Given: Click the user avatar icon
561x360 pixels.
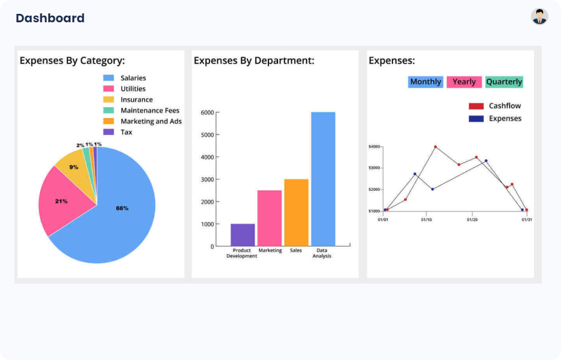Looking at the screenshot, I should coord(539,16).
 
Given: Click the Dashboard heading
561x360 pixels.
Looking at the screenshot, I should coord(50,18).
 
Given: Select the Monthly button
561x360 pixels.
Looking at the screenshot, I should coord(426,82).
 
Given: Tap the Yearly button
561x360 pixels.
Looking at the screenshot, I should coord(464,82).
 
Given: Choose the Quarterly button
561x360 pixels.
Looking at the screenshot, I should coord(504,82).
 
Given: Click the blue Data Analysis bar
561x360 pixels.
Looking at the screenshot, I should coord(323,179).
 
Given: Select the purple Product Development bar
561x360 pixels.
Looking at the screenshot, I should coord(243,235).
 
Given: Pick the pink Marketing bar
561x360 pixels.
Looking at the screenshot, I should coord(270,218).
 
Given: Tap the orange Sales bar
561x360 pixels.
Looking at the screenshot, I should coord(296,213).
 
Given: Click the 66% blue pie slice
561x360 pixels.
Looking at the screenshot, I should coord(122,208).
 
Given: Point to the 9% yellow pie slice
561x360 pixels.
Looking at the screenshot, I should coord(74,167).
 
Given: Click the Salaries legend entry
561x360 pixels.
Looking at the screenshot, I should coord(132,78).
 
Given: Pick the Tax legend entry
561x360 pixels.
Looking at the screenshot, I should coord(126,132).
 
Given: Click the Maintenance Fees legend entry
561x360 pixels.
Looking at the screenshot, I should coord(149,110).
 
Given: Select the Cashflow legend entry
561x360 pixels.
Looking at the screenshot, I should coord(504,106).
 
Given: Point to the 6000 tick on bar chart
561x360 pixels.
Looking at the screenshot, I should coord(207,112).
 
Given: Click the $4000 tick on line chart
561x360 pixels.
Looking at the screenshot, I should coord(374,146).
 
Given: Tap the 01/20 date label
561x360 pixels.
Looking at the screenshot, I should coord(473,220).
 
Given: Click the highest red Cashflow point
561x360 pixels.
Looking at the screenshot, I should coord(435,146).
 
